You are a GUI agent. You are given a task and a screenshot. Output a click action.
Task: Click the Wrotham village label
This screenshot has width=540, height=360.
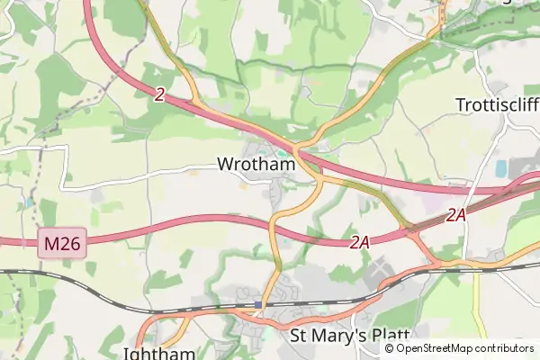tap(256, 165)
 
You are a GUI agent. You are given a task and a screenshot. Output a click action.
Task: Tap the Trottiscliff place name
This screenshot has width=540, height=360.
tap(498, 103)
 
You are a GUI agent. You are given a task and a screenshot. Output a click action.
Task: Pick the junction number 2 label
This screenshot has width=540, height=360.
tap(159, 94)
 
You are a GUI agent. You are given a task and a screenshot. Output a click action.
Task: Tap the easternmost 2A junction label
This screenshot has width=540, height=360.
tap(456, 215)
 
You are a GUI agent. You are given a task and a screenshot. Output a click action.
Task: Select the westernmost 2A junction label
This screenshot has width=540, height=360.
tap(360, 242)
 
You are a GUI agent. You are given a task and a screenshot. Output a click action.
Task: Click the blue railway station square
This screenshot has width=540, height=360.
tap(258, 305)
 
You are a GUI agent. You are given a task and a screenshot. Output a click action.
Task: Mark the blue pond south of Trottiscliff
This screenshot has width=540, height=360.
tap(500, 168)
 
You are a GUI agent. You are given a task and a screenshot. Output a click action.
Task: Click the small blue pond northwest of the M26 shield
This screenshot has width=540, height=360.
tap(29, 202)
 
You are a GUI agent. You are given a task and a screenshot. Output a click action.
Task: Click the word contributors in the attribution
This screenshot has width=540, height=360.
tap(505, 348)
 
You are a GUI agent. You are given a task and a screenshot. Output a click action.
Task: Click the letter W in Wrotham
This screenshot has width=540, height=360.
tap(225, 165)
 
